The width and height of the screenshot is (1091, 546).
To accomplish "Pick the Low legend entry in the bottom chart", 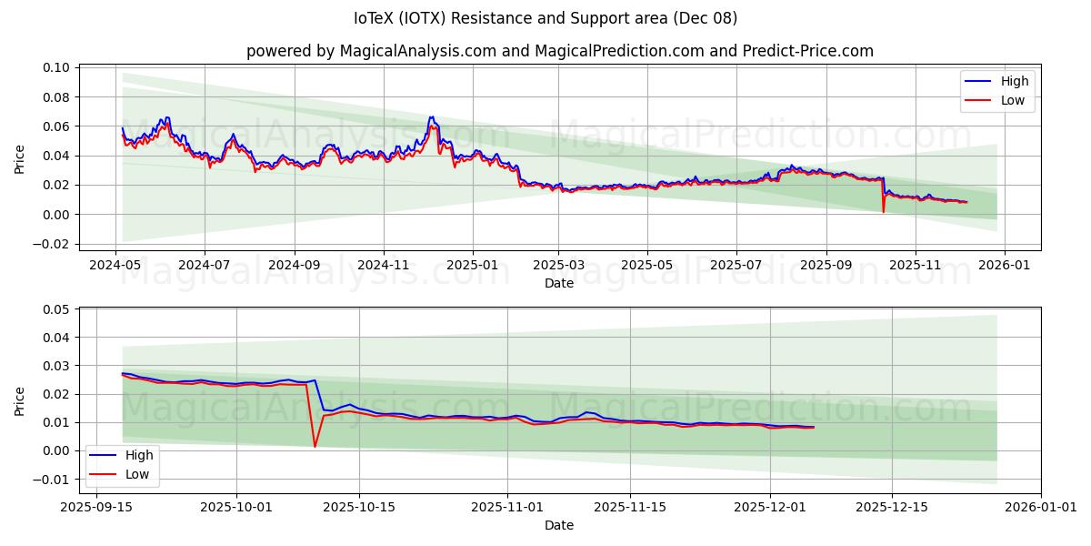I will point(137,474).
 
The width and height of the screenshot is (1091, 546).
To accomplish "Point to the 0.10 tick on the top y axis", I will point(56,67).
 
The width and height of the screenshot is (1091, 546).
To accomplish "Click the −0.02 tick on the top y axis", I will point(53,244).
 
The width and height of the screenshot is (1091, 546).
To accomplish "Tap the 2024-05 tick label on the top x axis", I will point(115,265).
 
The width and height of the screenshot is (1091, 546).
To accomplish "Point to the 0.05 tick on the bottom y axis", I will point(56,309).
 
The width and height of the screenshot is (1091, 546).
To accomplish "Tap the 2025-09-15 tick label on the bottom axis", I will point(97,507).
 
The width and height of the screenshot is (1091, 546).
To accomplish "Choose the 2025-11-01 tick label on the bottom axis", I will point(506,507).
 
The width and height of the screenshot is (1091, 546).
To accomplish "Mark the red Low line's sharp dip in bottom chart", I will point(315,446).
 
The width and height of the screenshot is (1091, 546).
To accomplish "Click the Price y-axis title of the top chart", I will point(20,157).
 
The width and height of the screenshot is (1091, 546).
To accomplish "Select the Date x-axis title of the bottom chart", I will point(559,525).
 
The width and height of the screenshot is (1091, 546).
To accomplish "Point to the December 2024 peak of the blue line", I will point(431,116).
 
